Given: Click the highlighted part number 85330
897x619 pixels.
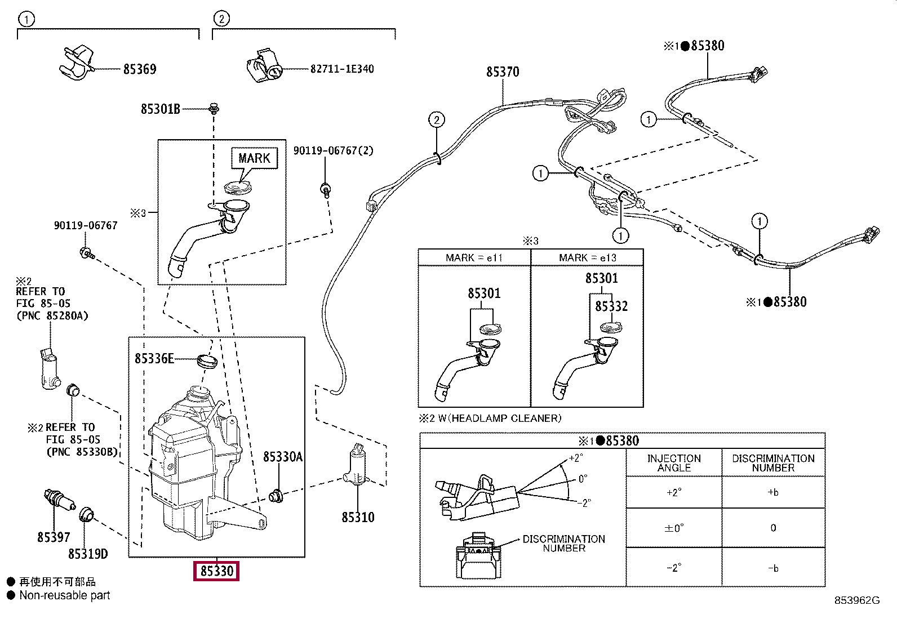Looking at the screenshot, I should click(x=216, y=571).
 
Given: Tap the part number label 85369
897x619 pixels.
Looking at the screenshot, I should click(x=140, y=69).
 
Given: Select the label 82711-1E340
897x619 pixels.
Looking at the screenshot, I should click(x=342, y=69).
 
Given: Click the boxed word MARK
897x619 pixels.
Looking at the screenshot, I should click(x=254, y=158).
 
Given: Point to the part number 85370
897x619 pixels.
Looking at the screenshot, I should click(x=503, y=72).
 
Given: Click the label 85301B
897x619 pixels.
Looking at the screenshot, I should click(x=161, y=109).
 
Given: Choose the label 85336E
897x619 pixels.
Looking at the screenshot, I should click(x=154, y=358).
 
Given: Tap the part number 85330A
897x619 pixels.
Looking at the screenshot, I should click(x=283, y=457).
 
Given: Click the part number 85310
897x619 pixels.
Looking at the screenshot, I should click(x=358, y=517).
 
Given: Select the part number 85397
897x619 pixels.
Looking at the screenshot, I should click(x=54, y=537).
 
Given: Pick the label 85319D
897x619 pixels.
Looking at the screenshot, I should click(x=88, y=554).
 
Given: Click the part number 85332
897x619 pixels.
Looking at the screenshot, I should click(x=611, y=306).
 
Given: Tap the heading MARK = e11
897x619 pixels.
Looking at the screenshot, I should click(x=474, y=258).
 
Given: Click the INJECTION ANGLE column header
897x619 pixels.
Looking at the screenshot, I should click(x=674, y=463).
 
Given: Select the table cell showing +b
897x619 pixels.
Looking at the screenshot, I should click(x=773, y=492).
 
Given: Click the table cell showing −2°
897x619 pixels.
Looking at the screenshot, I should click(x=673, y=567).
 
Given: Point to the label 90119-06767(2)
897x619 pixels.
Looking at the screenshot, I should click(x=333, y=151).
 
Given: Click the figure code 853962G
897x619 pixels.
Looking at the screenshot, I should click(x=856, y=600).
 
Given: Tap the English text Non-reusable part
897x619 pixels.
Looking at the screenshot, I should click(x=65, y=595).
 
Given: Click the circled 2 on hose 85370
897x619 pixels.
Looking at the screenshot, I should click(x=436, y=120).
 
